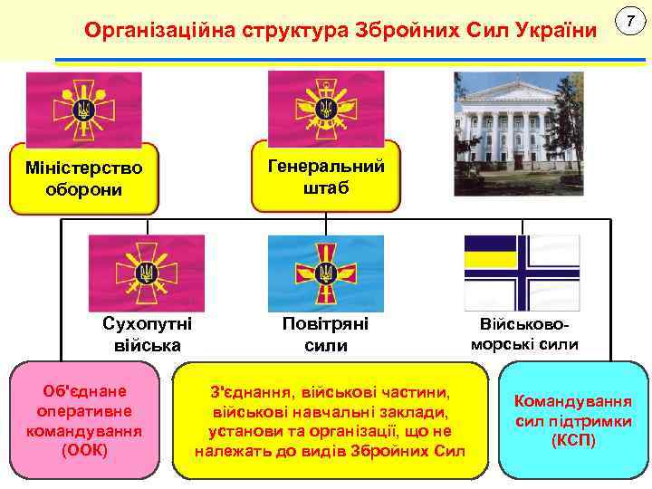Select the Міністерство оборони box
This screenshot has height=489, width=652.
tap(83, 178)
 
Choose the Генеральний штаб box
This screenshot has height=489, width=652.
tap(326, 176)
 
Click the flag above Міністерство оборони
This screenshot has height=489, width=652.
tap(83, 110)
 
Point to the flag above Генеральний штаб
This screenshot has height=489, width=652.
tap(326, 105)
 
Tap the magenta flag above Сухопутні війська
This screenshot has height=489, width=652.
tap(147, 273)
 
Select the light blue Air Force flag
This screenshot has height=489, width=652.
tap(326, 273)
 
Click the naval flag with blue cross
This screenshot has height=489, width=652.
tap(523, 273)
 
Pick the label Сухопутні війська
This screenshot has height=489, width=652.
tap(148, 334)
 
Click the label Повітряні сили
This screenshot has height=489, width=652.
tap(326, 334)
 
